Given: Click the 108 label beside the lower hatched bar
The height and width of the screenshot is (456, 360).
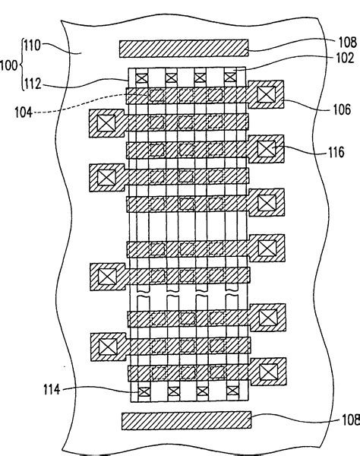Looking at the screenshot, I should coord(345,417).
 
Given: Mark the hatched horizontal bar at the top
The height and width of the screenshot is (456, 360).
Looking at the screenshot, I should coord(185,47).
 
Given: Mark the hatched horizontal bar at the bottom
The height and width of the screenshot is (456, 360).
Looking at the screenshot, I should coord(186,419).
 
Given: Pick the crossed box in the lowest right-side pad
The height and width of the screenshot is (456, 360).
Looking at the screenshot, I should coord(268,372).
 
